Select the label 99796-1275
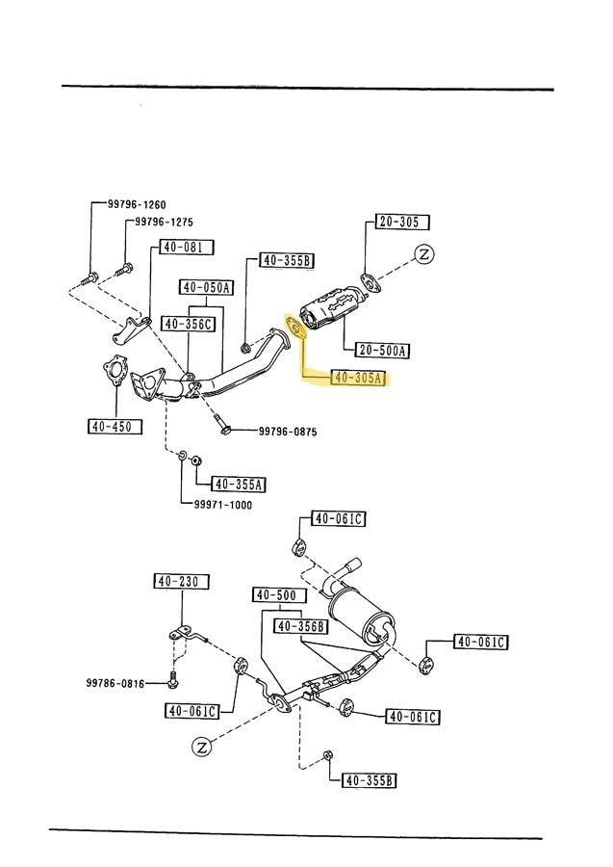point(164,222)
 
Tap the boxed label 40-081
point(181,247)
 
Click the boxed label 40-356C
point(187,324)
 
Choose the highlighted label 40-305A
point(357,378)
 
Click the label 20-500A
point(382,350)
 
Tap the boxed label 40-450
point(114,426)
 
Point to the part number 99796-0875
point(289,432)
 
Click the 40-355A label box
point(239,484)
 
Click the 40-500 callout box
point(275,595)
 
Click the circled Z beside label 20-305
point(424,255)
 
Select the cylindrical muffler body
point(364,614)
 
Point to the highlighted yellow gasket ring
point(296,328)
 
